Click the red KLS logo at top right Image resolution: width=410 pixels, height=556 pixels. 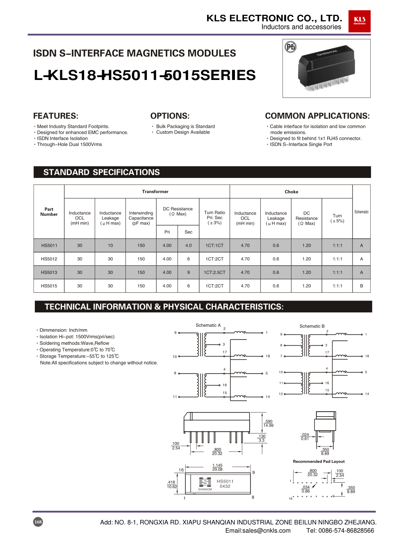click(x=359, y=21)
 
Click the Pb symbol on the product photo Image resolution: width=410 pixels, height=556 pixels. click(x=290, y=47)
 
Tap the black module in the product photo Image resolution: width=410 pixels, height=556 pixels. click(x=326, y=68)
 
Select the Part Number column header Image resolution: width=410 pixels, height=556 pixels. click(x=49, y=212)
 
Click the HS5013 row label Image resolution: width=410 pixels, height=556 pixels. click(x=49, y=272)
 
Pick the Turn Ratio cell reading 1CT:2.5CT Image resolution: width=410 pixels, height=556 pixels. click(x=214, y=272)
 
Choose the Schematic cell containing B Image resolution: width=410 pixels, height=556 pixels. click(x=361, y=286)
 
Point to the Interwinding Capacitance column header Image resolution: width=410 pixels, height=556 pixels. click(x=141, y=218)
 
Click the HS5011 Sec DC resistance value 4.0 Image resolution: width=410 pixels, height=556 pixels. click(x=188, y=246)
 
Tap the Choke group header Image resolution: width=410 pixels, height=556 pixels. click(x=291, y=191)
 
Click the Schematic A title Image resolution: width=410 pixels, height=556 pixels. click(x=208, y=325)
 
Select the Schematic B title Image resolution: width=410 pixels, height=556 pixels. click(x=312, y=326)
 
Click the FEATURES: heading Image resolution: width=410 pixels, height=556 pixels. click(x=56, y=116)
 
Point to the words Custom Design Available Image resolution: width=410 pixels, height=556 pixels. click(x=183, y=132)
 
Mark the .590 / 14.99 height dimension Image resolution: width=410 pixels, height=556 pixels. click(x=268, y=423)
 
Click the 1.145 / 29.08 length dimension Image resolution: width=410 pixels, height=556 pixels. click(x=217, y=467)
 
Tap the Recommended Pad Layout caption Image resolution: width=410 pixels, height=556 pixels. click(x=319, y=461)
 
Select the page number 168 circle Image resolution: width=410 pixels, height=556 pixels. click(x=38, y=522)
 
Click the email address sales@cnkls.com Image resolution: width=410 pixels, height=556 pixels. click(x=258, y=531)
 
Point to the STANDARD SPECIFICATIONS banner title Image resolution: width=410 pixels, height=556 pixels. click(x=101, y=172)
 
